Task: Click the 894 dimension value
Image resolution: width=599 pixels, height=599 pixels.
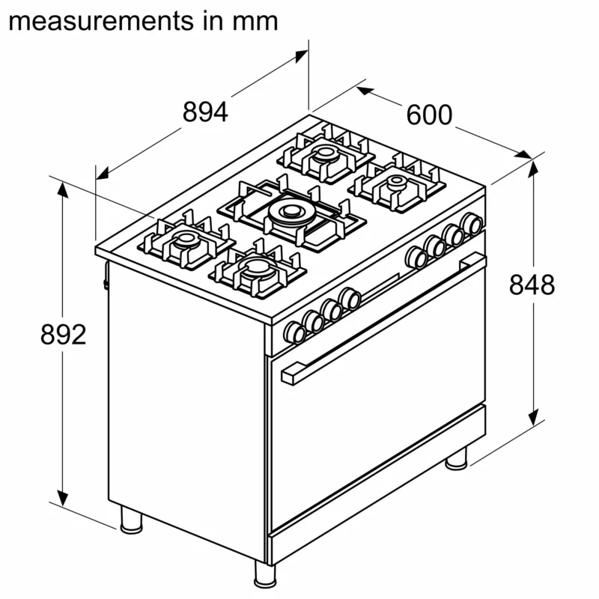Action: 204,112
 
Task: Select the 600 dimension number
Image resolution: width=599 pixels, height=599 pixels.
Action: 429,115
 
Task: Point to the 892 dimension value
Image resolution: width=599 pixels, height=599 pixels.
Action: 64,335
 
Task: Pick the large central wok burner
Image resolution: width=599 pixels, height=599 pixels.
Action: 291,213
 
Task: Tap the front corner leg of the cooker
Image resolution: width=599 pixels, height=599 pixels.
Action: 265,574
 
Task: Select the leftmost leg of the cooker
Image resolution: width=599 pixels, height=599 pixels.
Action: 130,518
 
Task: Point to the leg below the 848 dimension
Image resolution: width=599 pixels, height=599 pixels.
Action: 456,457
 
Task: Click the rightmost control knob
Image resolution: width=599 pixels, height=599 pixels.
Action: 472,223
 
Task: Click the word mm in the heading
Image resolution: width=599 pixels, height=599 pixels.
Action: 255,20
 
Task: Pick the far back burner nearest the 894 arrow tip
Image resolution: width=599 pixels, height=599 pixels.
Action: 325,153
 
